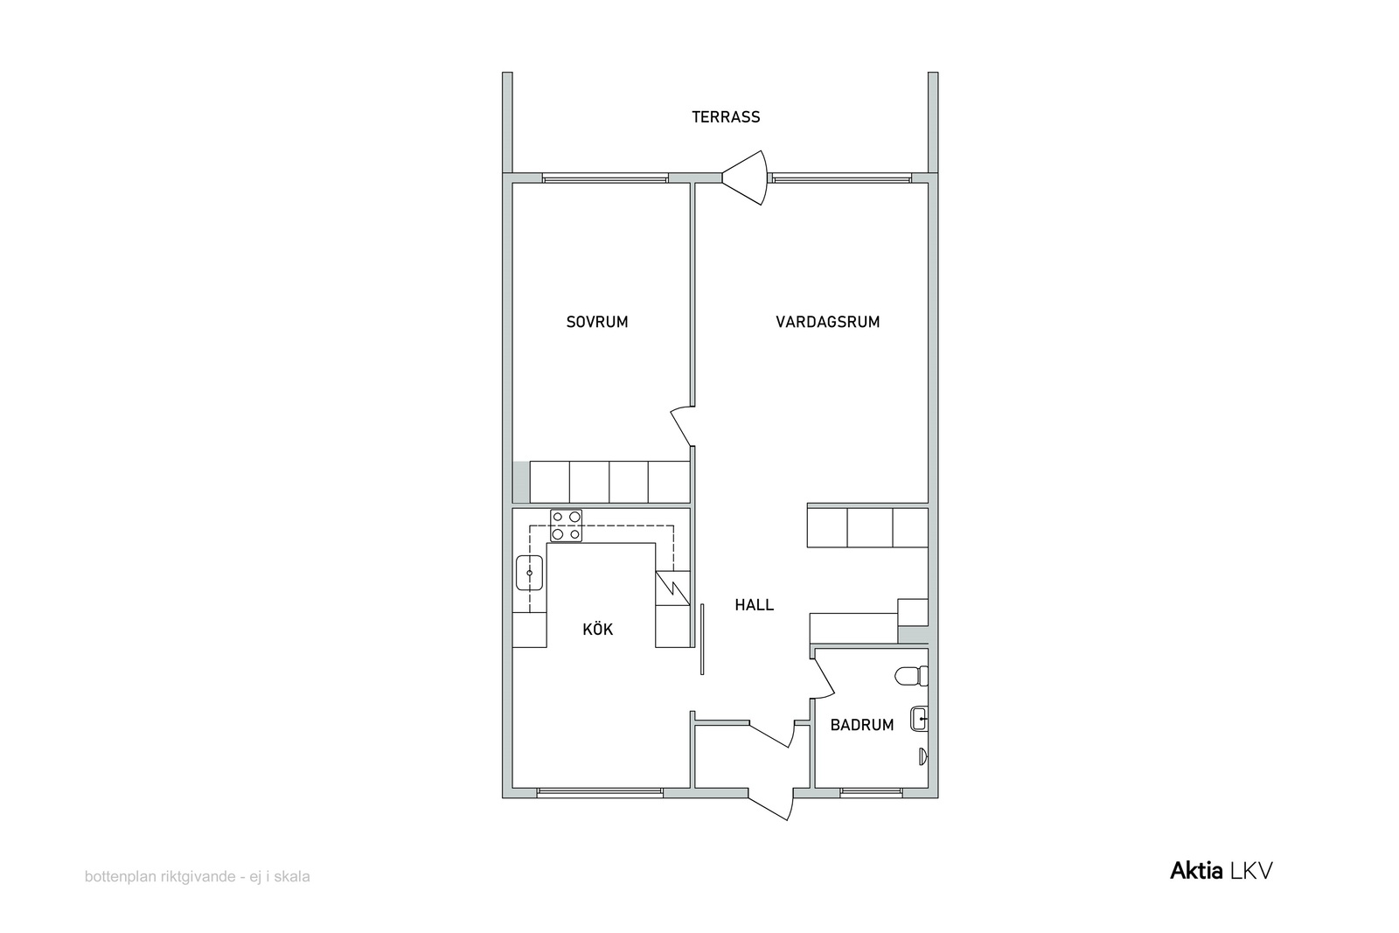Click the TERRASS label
pyautogui.click(x=726, y=117)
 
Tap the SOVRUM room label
pyautogui.click(x=597, y=322)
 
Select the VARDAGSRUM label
pyautogui.click(x=827, y=322)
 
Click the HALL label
pyautogui.click(x=754, y=604)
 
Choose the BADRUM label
pyautogui.click(x=862, y=724)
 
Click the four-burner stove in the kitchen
pyautogui.click(x=566, y=526)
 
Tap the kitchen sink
pyautogui.click(x=529, y=573)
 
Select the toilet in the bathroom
pyautogui.click(x=912, y=676)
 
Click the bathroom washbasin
pyautogui.click(x=919, y=719)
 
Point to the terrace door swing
pyautogui.click(x=744, y=178)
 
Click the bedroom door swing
pyautogui.click(x=683, y=426)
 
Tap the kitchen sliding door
pyautogui.click(x=702, y=639)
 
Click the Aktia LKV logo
pyautogui.click(x=1221, y=871)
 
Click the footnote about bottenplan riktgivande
pyautogui.click(x=198, y=877)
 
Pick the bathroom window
pyautogui.click(x=871, y=793)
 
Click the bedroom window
pyautogui.click(x=605, y=178)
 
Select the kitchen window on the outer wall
pyautogui.click(x=600, y=793)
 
